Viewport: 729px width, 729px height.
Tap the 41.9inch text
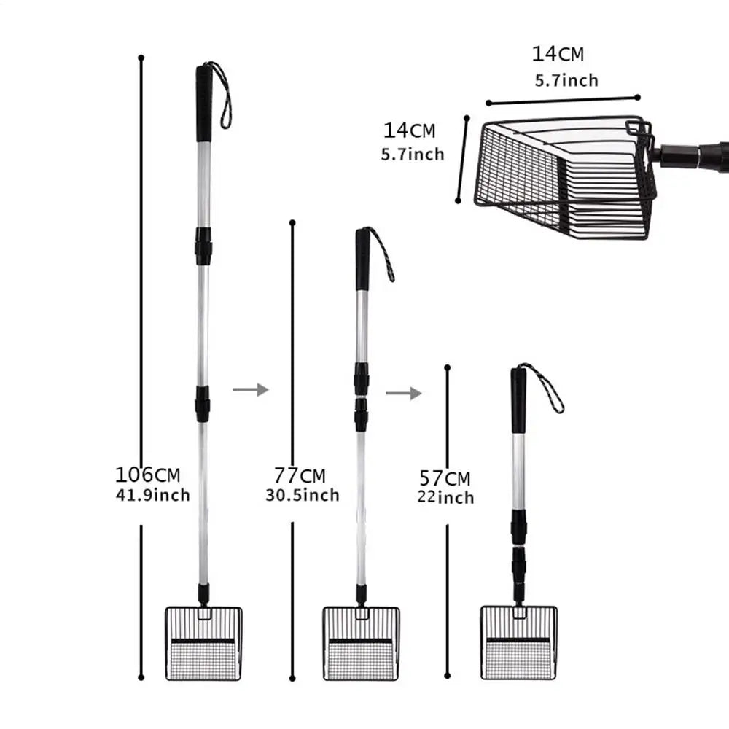point(152,496)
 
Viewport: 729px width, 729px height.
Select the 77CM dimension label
point(300,476)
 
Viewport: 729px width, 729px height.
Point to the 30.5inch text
point(303,496)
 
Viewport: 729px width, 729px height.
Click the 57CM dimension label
point(445,479)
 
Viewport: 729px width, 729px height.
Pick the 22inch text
point(445,498)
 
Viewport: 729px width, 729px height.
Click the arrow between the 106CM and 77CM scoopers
point(250,390)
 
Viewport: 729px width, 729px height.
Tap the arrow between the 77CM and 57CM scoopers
point(403,394)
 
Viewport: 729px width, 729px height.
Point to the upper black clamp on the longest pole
point(203,246)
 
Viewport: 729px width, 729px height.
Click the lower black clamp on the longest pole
point(203,403)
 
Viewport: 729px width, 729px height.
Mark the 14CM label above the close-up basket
point(557,54)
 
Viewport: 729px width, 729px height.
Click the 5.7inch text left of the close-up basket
point(412,154)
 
